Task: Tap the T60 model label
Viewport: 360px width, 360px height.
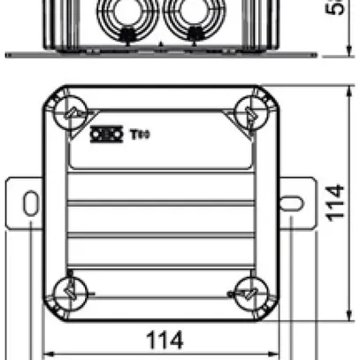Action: click(x=139, y=135)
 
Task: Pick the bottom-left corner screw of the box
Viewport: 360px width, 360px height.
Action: click(x=69, y=292)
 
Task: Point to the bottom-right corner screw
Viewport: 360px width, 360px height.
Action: click(x=249, y=293)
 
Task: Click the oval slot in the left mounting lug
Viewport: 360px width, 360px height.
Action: click(x=31, y=203)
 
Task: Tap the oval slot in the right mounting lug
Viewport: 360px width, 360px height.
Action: click(x=290, y=203)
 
